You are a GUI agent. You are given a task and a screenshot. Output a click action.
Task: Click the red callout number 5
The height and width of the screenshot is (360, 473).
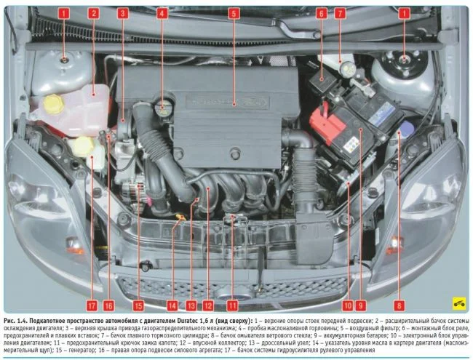click(234, 13)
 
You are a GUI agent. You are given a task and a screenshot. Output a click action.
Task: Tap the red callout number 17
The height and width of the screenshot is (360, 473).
click(92, 305)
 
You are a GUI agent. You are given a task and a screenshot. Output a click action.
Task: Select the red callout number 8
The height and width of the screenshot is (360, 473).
click(399, 305)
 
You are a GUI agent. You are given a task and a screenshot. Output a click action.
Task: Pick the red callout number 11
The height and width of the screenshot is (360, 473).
click(232, 305)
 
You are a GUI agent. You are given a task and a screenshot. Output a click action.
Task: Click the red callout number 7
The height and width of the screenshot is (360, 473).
click(340, 13)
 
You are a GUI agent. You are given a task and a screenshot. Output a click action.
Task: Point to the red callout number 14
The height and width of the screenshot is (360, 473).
click(172, 305)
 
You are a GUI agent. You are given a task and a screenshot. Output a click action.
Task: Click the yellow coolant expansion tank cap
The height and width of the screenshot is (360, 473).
click(54, 104)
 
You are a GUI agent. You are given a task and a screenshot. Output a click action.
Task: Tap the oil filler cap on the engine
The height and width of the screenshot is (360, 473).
click(162, 108)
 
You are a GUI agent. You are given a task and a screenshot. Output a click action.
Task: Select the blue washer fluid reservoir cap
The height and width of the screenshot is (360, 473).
click(406, 128)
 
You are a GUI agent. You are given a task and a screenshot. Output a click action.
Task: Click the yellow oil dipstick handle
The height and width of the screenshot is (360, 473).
click(180, 217)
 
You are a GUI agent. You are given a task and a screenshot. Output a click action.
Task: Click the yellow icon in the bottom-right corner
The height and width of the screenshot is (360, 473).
click(459, 303)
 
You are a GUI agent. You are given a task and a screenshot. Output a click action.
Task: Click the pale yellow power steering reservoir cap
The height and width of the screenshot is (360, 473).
click(82, 146)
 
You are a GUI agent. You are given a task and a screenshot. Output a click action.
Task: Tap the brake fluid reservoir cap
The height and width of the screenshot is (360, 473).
click(348, 67)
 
